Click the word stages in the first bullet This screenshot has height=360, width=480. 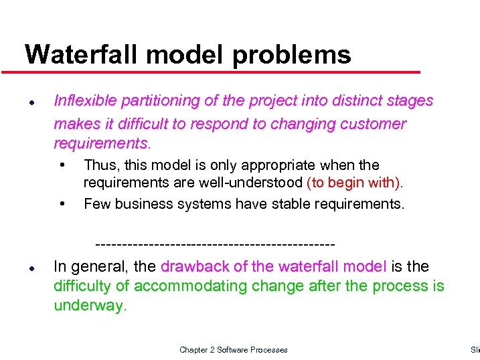point(410,101)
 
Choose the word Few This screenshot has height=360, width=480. point(97,203)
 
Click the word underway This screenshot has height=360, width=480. point(88,306)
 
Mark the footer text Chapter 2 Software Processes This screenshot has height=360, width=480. point(234,350)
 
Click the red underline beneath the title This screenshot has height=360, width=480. point(214,72)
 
